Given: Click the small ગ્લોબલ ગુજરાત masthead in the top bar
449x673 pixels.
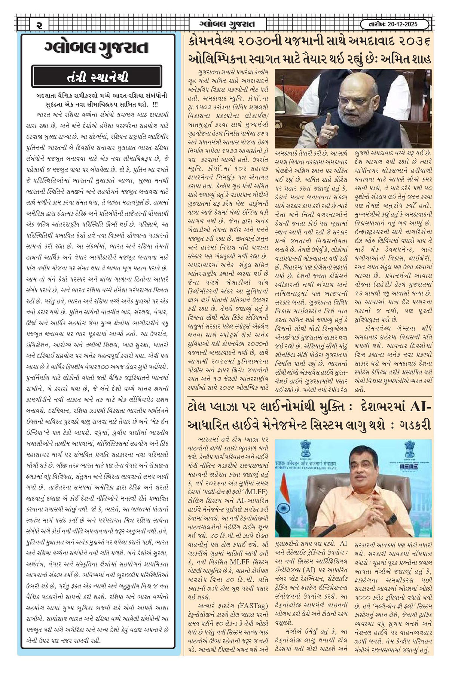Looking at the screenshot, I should tap(227, 25).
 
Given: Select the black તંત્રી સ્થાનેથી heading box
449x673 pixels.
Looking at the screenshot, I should tap(97, 77).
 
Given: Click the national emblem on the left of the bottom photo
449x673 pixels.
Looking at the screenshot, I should tap(306, 447).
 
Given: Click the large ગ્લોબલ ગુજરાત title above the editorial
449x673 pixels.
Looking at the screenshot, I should tap(97, 47).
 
